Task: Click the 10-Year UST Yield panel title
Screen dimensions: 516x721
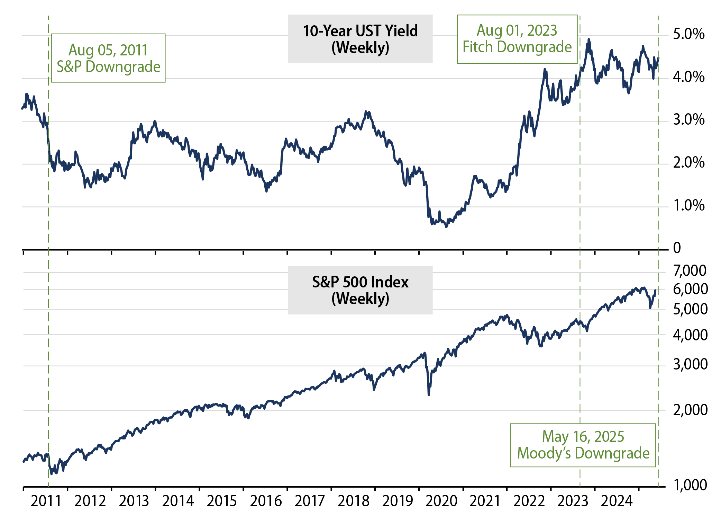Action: pyautogui.click(x=360, y=39)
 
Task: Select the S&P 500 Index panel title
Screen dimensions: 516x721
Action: pyautogui.click(x=360, y=290)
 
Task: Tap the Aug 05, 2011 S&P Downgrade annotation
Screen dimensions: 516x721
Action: pyautogui.click(x=108, y=58)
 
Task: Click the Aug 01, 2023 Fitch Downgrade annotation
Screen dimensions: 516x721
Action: pyautogui.click(x=517, y=39)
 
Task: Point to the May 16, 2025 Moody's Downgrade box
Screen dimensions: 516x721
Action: pyautogui.click(x=583, y=445)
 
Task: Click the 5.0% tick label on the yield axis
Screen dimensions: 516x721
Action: pyautogui.click(x=688, y=34)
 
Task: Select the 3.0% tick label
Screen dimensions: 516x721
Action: pyautogui.click(x=688, y=120)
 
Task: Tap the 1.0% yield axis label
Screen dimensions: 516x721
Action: pyautogui.click(x=688, y=206)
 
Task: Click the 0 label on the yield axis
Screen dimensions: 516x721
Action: pyautogui.click(x=677, y=248)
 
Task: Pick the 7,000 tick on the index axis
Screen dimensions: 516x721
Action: pyautogui.click(x=690, y=271)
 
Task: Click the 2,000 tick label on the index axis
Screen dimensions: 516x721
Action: pyautogui.click(x=690, y=410)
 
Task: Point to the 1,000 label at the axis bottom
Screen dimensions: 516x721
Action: pyautogui.click(x=690, y=485)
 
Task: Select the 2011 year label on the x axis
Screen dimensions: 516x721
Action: pyautogui.click(x=46, y=501)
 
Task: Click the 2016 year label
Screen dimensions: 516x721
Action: pyautogui.click(x=266, y=501)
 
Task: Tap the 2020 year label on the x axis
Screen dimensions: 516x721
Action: pyautogui.click(x=441, y=501)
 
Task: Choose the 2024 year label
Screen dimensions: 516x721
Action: pyautogui.click(x=617, y=501)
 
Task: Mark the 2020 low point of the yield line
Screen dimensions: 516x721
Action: pyautogui.click(x=446, y=227)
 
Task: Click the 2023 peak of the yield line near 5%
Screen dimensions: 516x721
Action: pyautogui.click(x=588, y=39)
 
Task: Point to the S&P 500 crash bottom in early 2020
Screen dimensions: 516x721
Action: pyautogui.click(x=429, y=394)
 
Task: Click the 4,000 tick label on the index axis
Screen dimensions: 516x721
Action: pyautogui.click(x=690, y=335)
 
